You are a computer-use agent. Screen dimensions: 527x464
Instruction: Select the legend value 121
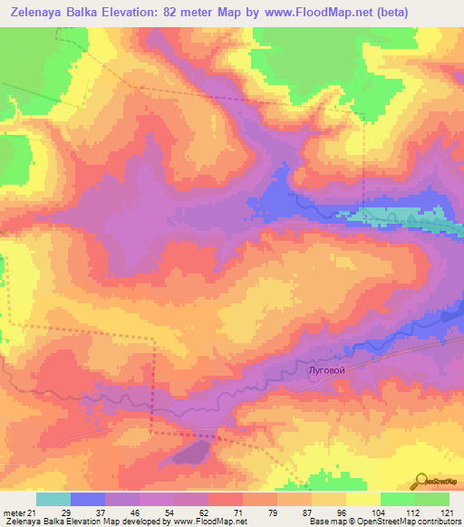point(448,512)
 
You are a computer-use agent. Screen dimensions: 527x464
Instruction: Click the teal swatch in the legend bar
point(53,499)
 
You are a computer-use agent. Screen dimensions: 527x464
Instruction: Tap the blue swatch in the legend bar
point(88,499)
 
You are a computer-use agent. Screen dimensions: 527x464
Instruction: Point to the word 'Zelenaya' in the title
point(34,13)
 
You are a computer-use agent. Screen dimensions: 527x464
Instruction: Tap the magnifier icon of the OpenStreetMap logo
point(422,481)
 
